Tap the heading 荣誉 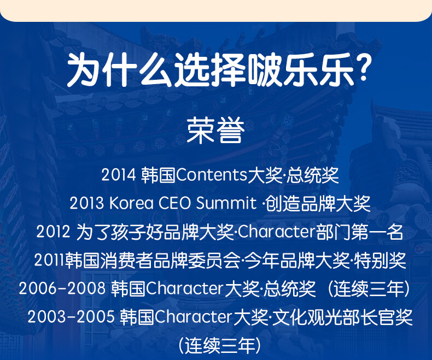215,130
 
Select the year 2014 119,175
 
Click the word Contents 211,175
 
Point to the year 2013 87,203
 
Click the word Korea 131,203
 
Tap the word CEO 174,203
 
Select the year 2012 53,232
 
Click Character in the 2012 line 277,232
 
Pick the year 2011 50,260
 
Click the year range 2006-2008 62,288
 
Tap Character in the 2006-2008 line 185,288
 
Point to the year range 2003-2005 71,317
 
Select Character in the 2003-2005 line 193,317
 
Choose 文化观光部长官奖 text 342,317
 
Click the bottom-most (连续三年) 220,346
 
